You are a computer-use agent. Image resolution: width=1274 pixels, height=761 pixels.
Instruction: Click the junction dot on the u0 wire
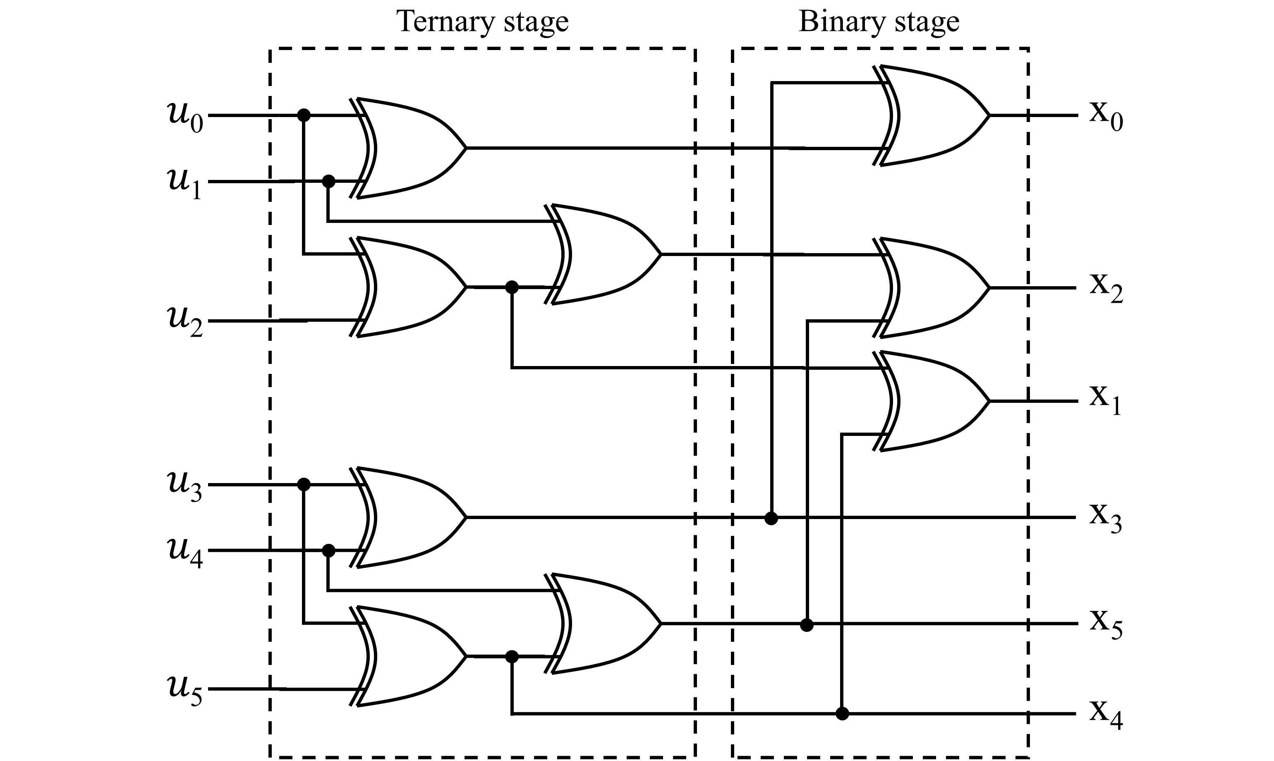(x=304, y=115)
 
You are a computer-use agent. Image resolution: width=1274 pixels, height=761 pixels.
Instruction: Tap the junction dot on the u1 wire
(x=328, y=181)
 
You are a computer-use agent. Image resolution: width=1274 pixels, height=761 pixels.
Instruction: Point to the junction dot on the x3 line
(x=771, y=519)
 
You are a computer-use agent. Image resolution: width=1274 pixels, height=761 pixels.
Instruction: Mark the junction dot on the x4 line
(x=842, y=713)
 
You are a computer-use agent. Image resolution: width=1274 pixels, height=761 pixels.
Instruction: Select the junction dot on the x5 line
(x=807, y=625)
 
